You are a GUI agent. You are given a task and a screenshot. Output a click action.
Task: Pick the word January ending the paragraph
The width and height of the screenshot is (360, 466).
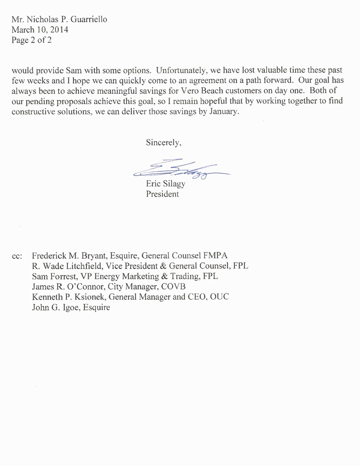pyautogui.click(x=222, y=113)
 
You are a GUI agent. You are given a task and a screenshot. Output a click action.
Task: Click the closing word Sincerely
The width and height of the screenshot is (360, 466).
pyautogui.click(x=164, y=141)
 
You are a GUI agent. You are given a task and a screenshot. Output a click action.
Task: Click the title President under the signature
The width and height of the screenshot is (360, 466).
pyautogui.click(x=163, y=195)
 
